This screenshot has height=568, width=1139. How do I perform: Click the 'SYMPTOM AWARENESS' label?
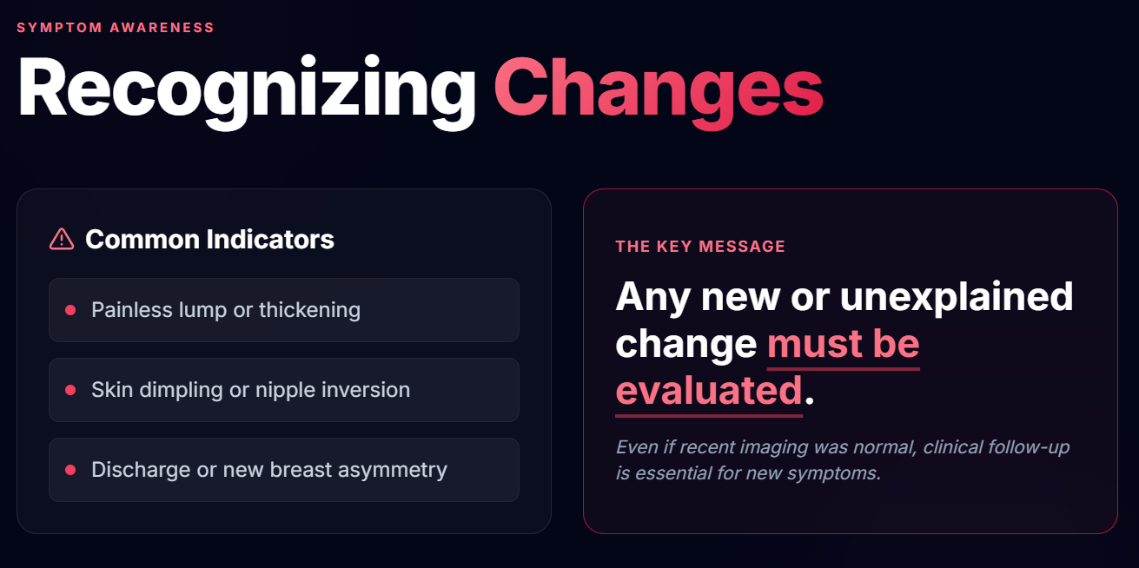point(116,28)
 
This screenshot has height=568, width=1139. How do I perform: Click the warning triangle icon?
point(62,239)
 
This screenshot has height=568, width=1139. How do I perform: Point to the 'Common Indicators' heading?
point(209,239)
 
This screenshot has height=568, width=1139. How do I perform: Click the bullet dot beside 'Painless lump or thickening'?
point(70,310)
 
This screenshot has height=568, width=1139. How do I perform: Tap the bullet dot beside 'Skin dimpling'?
point(70,390)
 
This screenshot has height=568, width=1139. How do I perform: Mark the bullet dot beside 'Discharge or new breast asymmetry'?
point(70,470)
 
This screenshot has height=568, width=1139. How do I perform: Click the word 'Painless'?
point(132,310)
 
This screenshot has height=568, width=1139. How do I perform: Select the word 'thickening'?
point(309,311)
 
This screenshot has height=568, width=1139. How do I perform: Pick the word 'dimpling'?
point(181,391)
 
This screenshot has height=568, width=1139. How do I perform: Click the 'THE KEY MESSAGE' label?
point(700,247)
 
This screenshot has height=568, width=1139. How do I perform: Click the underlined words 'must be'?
point(843,344)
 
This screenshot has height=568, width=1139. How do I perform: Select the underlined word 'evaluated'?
point(709,391)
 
